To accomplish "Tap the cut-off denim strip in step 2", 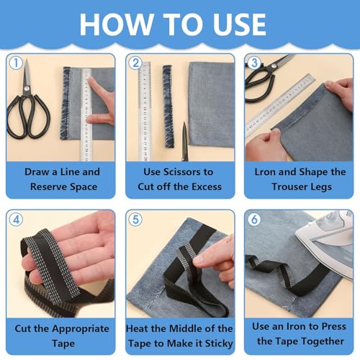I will coord(168,106).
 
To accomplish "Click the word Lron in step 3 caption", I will coord(269,172).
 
